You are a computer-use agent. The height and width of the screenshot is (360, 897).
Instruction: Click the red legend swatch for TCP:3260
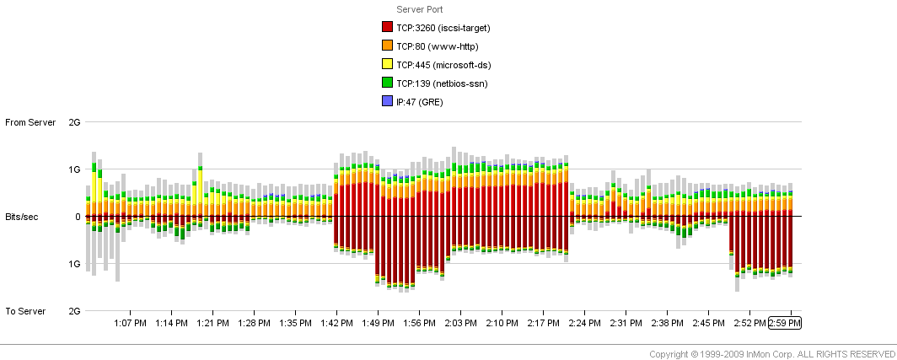coord(388,28)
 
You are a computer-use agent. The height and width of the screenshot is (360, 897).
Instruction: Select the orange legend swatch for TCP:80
coord(388,46)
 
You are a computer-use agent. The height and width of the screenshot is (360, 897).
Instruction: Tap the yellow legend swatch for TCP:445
coord(388,65)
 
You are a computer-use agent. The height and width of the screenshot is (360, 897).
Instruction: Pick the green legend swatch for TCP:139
coord(388,83)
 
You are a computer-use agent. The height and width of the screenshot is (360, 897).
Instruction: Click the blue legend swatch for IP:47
coord(388,102)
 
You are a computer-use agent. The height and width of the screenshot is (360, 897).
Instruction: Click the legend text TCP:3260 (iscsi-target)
coord(443,28)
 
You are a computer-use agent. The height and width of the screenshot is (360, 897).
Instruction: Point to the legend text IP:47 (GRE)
coord(419,102)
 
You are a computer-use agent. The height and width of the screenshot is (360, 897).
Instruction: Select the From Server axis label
coord(30,123)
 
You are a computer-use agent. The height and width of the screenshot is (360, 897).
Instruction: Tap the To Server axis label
coord(25,311)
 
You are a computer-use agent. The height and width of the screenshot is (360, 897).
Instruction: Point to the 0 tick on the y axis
coord(77,217)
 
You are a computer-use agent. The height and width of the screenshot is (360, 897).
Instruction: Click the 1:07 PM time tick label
coord(131,323)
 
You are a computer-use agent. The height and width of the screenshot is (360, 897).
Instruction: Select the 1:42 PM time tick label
coord(337,323)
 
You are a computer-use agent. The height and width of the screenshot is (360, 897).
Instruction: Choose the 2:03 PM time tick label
coord(461,323)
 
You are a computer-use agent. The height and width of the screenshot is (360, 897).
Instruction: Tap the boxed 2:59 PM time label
coord(785,323)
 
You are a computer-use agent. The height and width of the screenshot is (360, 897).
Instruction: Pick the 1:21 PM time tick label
coord(213,323)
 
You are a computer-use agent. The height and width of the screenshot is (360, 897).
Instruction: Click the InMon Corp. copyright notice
coord(772,353)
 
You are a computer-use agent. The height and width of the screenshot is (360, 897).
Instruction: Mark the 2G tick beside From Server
coord(74,123)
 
